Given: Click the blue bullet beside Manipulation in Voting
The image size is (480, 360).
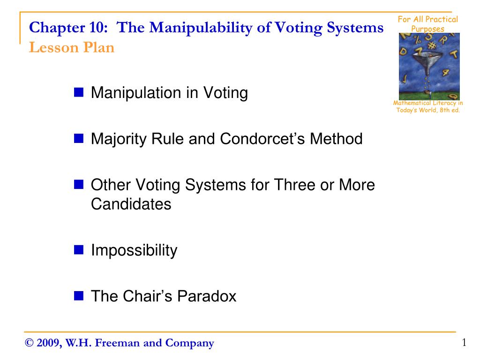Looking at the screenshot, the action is click(x=79, y=92).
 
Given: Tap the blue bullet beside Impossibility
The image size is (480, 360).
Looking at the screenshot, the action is click(x=79, y=250).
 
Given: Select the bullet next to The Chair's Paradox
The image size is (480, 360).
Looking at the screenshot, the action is click(x=79, y=296).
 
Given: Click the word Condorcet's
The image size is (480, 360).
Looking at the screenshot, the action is click(x=262, y=139).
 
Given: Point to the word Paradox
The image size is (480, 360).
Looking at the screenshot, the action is click(x=207, y=296).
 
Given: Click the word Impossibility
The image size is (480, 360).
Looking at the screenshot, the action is click(x=134, y=251).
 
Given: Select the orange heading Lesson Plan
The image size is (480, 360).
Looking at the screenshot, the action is click(x=72, y=47).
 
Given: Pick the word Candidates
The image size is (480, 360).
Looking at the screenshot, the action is click(x=131, y=204).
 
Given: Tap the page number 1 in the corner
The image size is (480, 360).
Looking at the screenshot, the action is click(x=465, y=342).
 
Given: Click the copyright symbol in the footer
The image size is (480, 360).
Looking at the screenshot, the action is click(x=29, y=343).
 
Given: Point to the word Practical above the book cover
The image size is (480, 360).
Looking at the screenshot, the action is click(x=442, y=19).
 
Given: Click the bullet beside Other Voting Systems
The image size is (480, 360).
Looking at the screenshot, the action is click(x=79, y=184).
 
